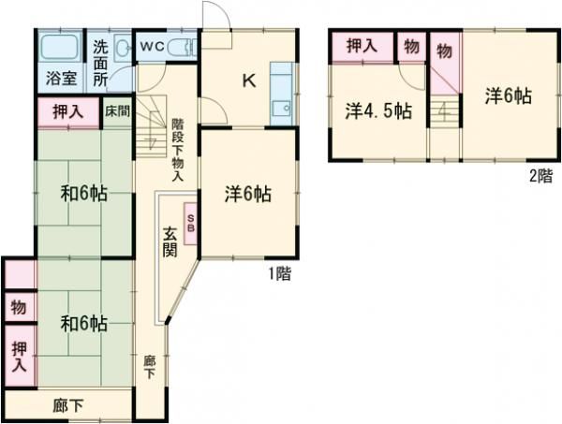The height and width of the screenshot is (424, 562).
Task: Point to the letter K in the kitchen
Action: tap(249, 80)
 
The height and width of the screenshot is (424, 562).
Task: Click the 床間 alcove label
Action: tap(116, 111)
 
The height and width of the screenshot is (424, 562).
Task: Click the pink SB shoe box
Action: tap(191, 225)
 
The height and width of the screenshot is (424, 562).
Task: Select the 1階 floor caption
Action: tap(279, 274)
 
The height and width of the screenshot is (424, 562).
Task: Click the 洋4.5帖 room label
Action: tap(377, 110)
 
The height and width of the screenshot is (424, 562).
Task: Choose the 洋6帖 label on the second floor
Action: tap(509, 95)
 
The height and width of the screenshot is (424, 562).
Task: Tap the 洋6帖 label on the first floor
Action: tap(248, 195)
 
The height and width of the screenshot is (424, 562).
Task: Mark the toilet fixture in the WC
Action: tap(184, 45)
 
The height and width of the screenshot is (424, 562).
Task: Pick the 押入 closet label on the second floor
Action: tap(361, 46)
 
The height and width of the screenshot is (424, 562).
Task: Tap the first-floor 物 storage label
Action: tap(19, 307)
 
